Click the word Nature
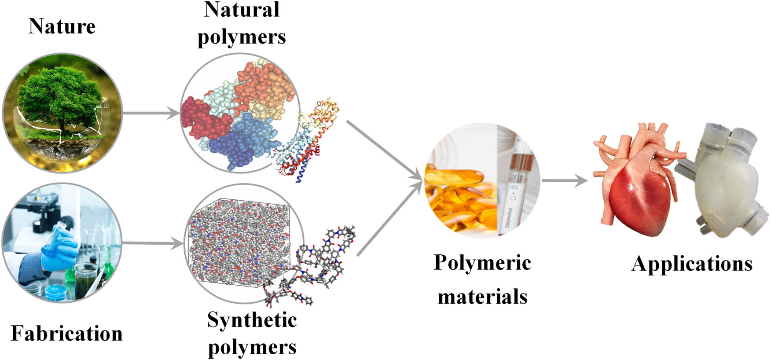pyautogui.click(x=62, y=26)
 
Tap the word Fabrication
pyautogui.click(x=66, y=333)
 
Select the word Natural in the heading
pyautogui.click(x=242, y=10)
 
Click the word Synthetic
pyautogui.click(x=252, y=320)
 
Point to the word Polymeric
pyautogui.click(x=482, y=263)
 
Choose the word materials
pyautogui.click(x=482, y=296)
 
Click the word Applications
pyautogui.click(x=691, y=264)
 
